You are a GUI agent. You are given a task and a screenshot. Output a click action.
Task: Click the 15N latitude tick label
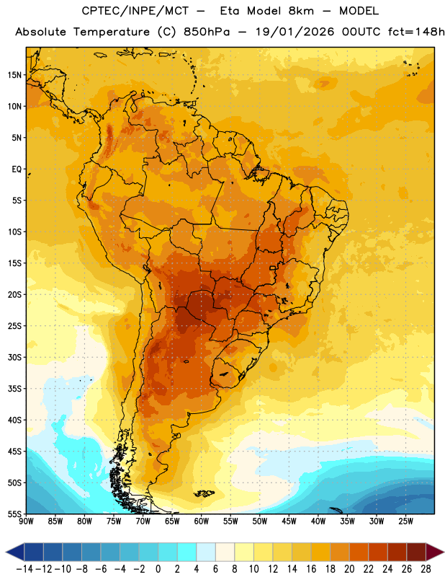(x=14, y=75)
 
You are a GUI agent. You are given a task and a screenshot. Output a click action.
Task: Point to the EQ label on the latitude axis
(x=17, y=169)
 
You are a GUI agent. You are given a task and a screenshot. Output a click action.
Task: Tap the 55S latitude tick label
(x=14, y=514)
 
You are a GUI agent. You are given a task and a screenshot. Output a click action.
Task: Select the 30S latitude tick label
(x=14, y=357)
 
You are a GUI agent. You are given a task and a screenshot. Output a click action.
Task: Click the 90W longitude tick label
(x=26, y=521)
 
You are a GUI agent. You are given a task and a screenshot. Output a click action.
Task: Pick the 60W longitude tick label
(x=202, y=521)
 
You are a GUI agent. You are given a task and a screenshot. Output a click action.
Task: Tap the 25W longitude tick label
(x=405, y=521)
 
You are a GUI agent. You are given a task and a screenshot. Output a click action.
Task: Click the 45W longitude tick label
(x=289, y=521)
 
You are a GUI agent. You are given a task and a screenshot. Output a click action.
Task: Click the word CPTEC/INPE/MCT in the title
(x=135, y=11)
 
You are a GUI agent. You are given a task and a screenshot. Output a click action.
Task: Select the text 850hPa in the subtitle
(x=207, y=32)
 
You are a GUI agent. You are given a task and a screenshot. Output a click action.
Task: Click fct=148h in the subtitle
(x=416, y=32)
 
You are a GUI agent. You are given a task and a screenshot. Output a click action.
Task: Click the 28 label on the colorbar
(x=426, y=569)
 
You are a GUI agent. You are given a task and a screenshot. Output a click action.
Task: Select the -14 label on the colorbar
(x=24, y=569)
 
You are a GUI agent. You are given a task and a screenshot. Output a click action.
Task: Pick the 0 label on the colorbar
(x=158, y=569)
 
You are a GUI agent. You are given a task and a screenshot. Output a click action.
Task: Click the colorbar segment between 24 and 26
(x=397, y=552)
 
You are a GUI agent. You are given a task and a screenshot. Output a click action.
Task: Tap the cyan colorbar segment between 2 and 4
(x=186, y=552)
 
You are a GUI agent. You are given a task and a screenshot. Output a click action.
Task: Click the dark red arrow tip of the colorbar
(x=435, y=552)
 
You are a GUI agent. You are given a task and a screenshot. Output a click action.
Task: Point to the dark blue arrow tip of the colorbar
(x=15, y=552)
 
